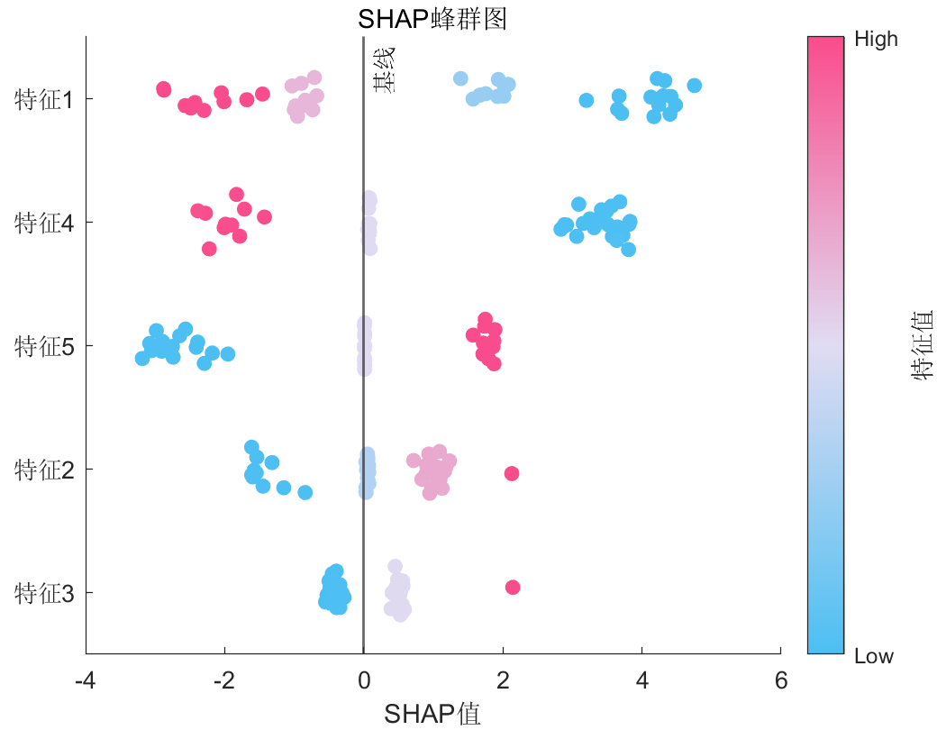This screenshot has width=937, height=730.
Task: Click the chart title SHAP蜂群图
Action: coord(432,19)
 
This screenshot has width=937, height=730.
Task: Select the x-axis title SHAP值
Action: coord(432,714)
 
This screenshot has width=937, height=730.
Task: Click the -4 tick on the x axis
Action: coord(86,680)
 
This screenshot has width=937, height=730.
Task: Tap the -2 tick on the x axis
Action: coord(224,680)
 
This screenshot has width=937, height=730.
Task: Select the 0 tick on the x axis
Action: coord(364,680)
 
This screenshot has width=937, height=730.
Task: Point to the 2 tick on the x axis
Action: coord(503,680)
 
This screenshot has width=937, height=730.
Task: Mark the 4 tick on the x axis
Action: coord(641,680)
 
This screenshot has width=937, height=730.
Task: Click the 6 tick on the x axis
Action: coord(781,680)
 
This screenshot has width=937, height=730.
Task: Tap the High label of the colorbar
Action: coord(876,39)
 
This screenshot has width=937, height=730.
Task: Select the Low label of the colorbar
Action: coord(874,656)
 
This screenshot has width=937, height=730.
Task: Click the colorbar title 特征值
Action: coord(922,346)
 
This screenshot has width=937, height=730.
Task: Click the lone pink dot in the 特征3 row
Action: coord(513,588)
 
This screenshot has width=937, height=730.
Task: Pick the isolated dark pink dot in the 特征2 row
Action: coord(512,473)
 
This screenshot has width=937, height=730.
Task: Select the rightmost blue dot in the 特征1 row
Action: coord(694,86)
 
